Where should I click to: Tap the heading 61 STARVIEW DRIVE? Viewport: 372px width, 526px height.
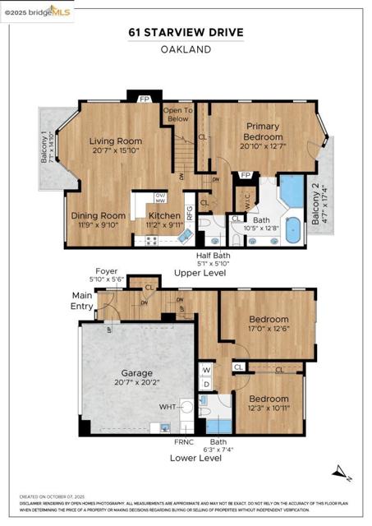(x=186, y=32)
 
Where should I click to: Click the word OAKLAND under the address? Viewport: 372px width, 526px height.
(x=186, y=49)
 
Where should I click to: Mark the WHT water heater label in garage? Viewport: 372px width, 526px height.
(x=168, y=406)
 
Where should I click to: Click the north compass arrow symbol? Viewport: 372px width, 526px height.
(x=341, y=473)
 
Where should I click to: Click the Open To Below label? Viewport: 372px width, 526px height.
(x=178, y=114)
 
